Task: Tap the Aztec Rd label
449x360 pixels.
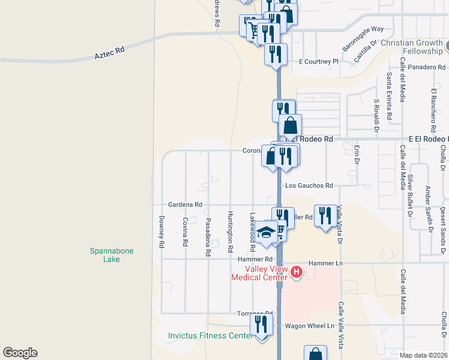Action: click(x=109, y=52)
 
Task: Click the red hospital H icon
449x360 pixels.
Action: click(x=296, y=273)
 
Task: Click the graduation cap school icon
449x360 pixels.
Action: click(x=266, y=231)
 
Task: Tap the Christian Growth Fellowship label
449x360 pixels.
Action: click(x=414, y=47)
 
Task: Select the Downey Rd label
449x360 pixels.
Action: click(x=161, y=232)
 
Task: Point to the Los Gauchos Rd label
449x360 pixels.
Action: click(x=309, y=186)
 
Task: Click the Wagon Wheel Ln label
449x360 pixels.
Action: click(x=309, y=325)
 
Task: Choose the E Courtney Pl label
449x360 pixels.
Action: click(x=319, y=61)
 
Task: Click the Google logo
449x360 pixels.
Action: click(x=20, y=353)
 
